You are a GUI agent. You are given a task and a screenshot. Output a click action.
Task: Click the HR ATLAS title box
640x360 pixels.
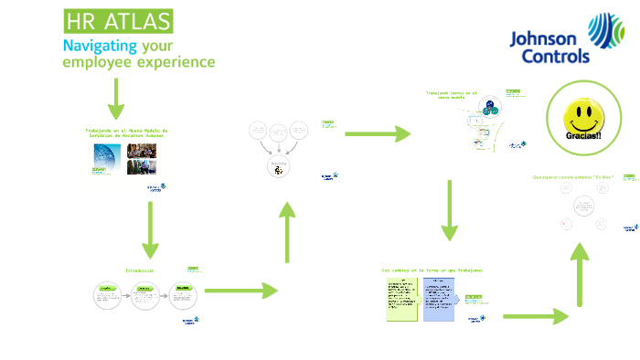(117, 21)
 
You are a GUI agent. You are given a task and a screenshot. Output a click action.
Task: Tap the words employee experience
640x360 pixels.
(138, 62)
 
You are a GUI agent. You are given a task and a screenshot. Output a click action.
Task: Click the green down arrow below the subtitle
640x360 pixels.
(116, 99)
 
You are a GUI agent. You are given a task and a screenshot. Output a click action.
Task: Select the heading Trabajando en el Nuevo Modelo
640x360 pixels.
(126, 132)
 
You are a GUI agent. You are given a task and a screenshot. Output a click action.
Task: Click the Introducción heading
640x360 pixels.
(140, 270)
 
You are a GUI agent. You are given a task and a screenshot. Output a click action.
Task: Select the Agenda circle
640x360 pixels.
(278, 166)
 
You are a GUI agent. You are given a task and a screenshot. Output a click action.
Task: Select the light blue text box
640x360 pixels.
(438, 299)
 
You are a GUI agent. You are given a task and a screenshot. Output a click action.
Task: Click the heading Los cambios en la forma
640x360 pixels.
(432, 270)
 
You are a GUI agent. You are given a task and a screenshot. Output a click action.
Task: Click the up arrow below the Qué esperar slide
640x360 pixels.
(578, 274)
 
